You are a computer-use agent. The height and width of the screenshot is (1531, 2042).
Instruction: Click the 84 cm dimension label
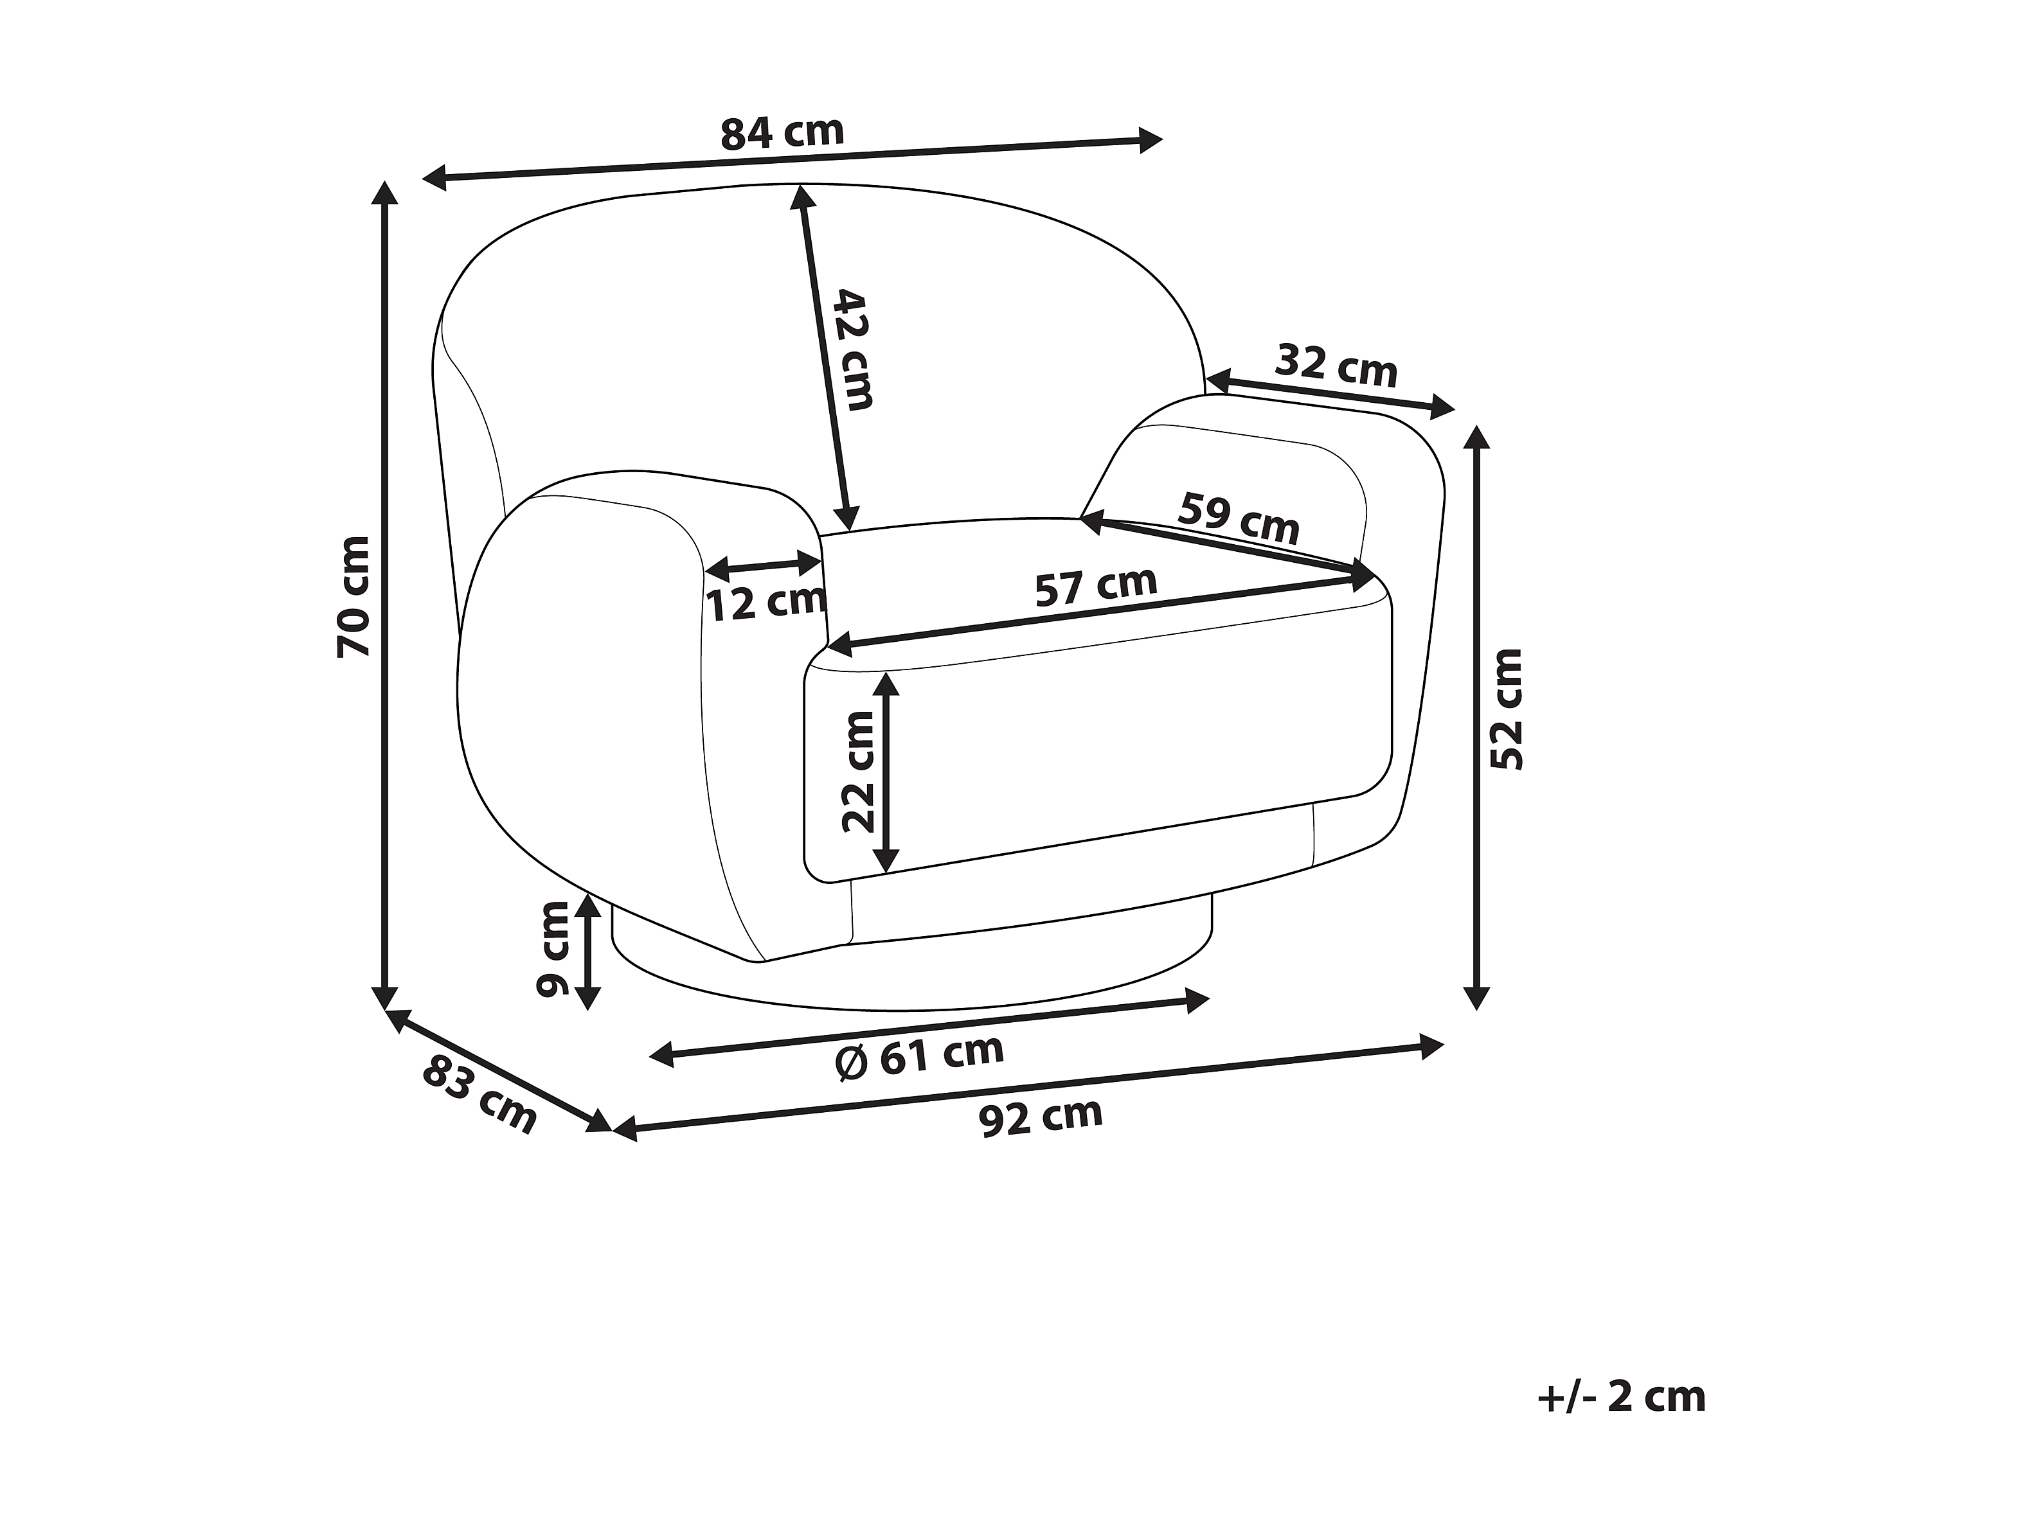(782, 133)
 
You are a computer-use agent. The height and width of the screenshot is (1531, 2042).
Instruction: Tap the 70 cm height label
(354, 596)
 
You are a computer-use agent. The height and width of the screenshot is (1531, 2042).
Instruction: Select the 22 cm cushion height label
(859, 772)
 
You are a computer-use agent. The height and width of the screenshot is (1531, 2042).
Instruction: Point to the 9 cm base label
(554, 950)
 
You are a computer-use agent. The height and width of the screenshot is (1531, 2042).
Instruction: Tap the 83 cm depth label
(479, 1095)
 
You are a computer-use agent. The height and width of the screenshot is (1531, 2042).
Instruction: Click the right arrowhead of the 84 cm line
(1151, 140)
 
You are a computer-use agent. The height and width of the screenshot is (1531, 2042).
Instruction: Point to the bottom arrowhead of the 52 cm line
(1477, 996)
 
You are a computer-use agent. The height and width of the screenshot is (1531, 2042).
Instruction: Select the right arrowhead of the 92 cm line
(1431, 1047)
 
